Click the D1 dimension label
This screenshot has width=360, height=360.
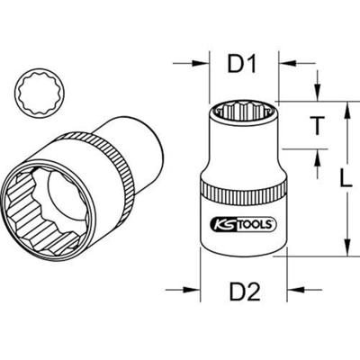(242, 65)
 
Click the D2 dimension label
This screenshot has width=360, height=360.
(245, 292)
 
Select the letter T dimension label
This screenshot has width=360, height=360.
(317, 125)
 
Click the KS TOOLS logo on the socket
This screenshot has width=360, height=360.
(244, 224)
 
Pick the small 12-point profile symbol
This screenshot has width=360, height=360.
(40, 93)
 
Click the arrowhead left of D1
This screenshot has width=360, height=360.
(200, 63)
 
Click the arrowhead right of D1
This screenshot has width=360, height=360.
(287, 63)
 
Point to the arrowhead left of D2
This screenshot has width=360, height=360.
(192, 290)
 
